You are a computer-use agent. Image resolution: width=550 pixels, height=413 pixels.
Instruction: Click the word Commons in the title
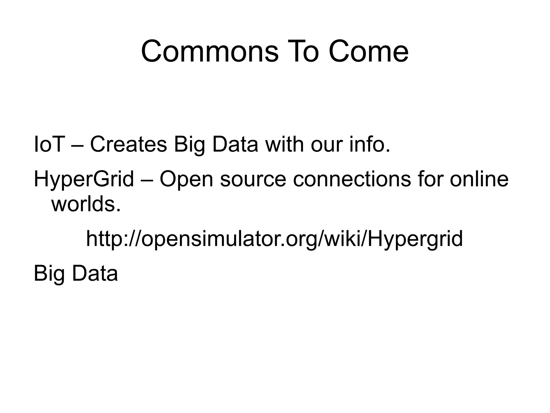[210, 51]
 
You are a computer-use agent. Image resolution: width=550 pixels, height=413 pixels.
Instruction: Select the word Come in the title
[368, 51]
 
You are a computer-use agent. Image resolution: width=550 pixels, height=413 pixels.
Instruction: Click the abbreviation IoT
[49, 144]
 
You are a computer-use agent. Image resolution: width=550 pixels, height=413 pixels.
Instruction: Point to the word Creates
[128, 144]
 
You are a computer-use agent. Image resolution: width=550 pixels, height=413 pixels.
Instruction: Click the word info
[369, 144]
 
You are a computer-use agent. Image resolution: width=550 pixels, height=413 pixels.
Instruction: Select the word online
[479, 179]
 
